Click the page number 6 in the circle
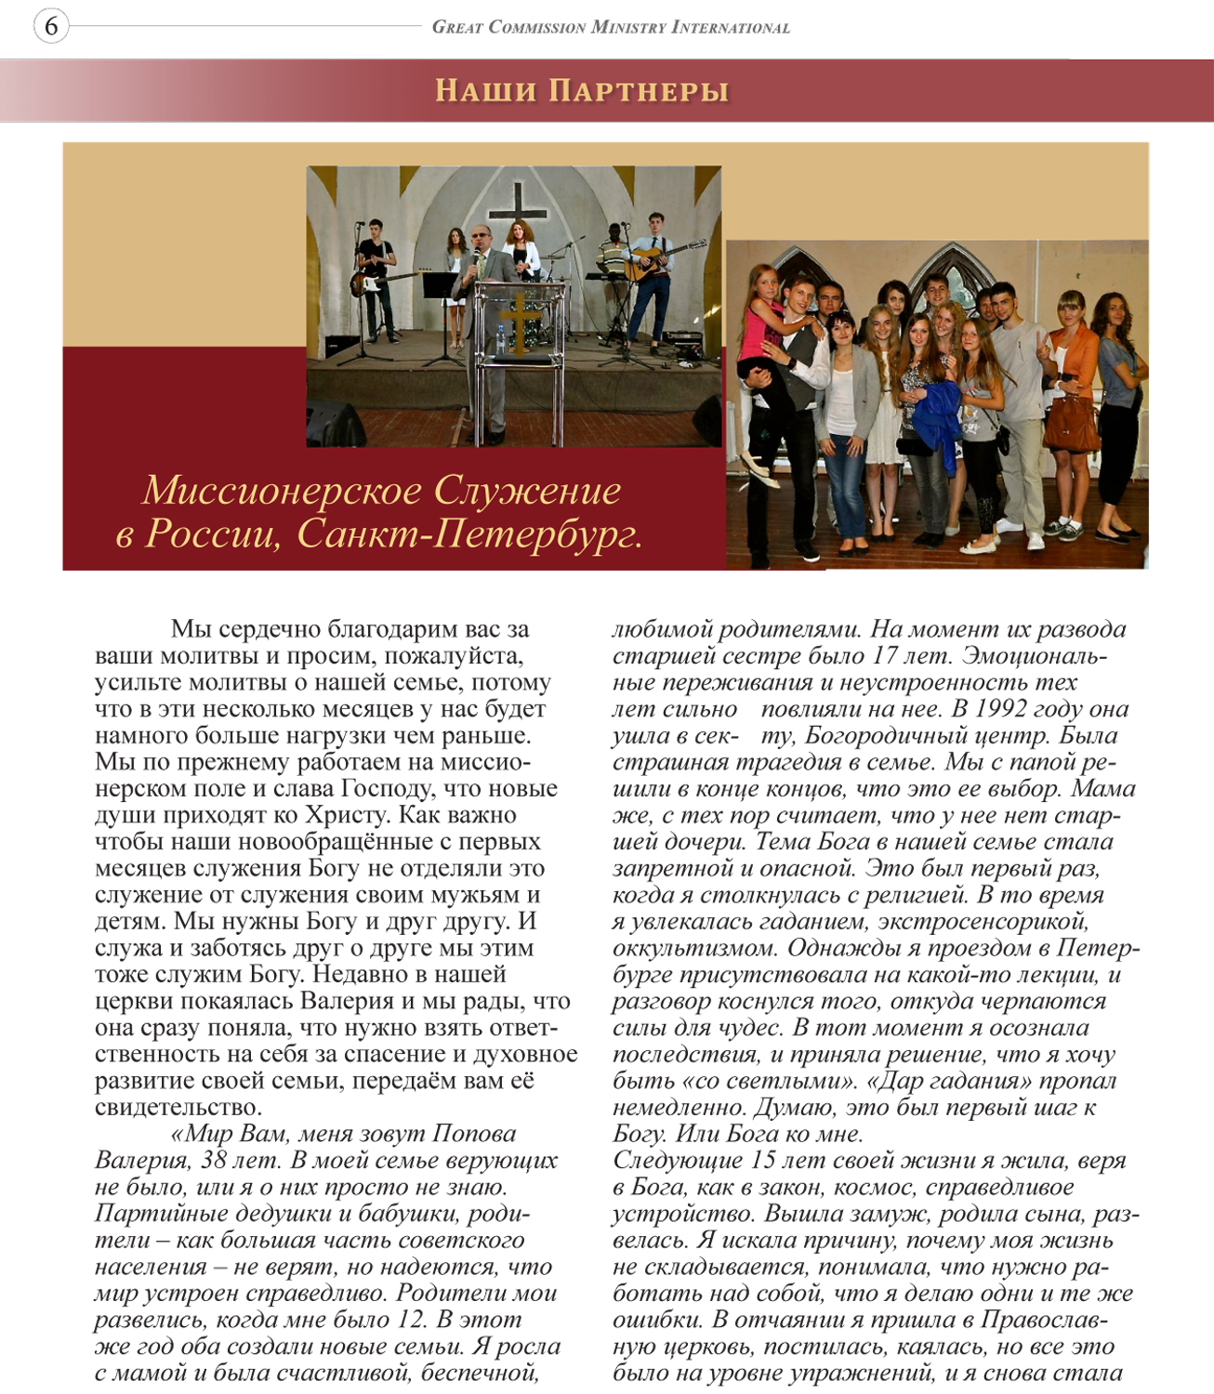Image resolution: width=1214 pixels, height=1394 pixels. click(51, 27)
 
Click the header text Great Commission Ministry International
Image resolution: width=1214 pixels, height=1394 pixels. click(611, 28)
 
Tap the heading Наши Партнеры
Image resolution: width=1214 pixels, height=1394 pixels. click(582, 91)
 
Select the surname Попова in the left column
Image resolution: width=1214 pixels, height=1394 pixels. click(473, 1134)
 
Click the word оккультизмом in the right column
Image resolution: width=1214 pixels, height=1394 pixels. click(695, 949)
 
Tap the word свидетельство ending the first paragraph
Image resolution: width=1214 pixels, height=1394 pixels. click(177, 1108)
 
